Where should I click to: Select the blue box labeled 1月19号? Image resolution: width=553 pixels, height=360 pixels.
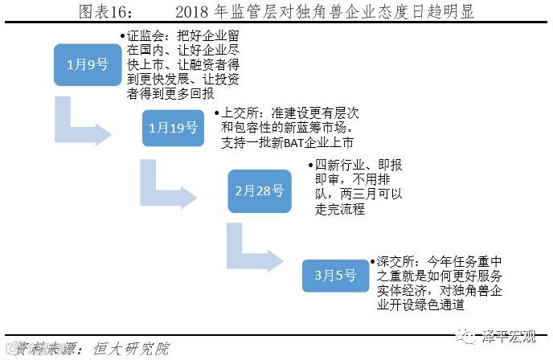[173, 128]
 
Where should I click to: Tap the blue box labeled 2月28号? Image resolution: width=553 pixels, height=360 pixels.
[259, 191]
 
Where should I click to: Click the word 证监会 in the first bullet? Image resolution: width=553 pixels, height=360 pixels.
[145, 36]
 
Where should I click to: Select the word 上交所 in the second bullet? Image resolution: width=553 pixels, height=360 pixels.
[231, 113]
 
